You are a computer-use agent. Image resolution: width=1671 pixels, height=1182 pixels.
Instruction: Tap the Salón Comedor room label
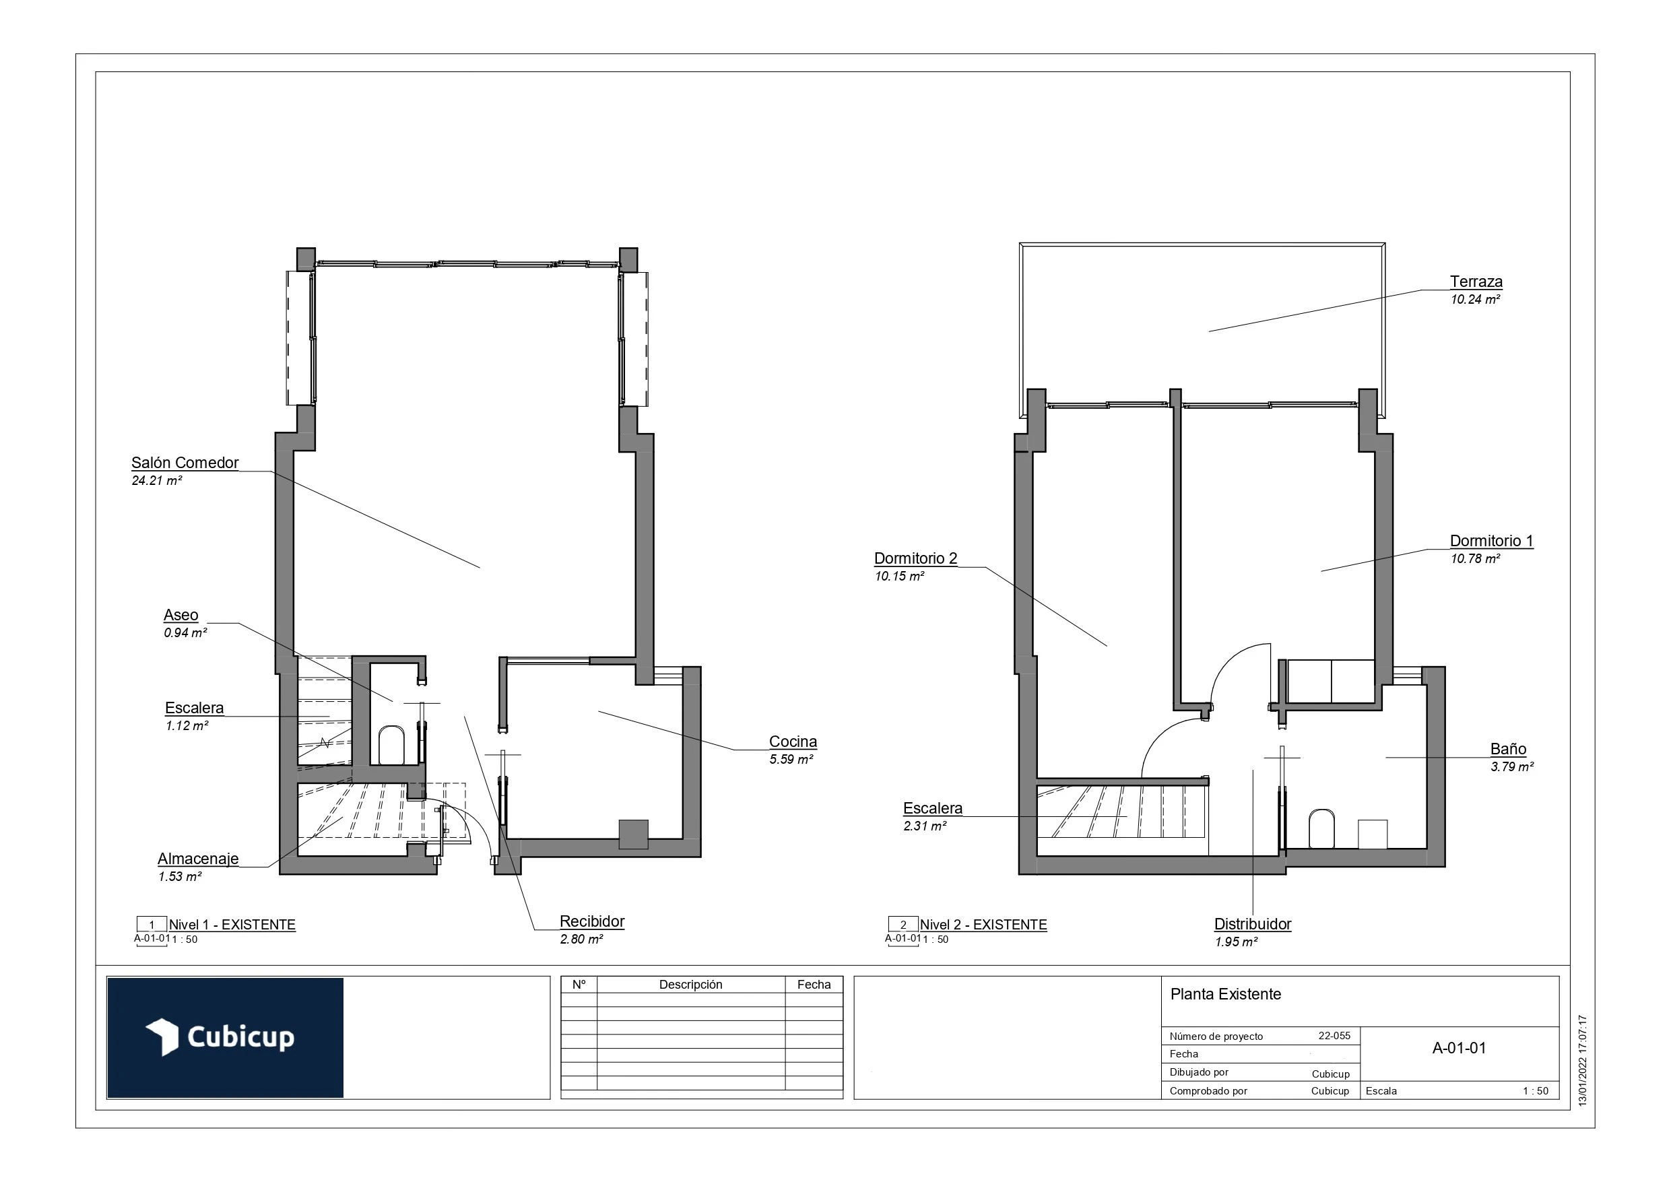tap(185, 463)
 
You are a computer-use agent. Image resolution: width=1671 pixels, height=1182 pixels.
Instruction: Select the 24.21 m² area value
tap(156, 481)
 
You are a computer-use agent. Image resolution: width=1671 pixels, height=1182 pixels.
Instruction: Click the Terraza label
tap(1475, 282)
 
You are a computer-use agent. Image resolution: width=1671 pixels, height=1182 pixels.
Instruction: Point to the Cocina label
tap(793, 742)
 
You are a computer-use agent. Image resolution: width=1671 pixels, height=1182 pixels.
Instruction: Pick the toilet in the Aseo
tap(391, 745)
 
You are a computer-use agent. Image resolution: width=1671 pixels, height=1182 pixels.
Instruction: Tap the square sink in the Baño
tap(1372, 834)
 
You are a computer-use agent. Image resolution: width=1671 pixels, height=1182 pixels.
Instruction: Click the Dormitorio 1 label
tap(1491, 541)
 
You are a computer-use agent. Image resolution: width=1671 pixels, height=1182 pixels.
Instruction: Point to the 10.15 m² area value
tap(900, 577)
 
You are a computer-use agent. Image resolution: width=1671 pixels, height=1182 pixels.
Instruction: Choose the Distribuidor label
tap(1253, 924)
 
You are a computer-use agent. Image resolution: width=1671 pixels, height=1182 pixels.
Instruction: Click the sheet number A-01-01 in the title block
tap(1458, 1048)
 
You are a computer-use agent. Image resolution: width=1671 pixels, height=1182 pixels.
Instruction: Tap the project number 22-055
tap(1334, 1036)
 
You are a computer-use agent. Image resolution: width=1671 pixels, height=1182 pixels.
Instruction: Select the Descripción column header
tap(690, 985)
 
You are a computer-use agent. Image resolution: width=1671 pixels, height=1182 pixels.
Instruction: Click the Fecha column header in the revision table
tap(814, 985)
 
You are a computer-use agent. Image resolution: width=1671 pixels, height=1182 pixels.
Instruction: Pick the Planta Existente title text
tap(1226, 994)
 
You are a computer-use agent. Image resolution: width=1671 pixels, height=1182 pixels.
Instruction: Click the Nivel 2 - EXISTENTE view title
tap(983, 925)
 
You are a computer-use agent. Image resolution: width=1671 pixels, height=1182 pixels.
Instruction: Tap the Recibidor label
tap(592, 921)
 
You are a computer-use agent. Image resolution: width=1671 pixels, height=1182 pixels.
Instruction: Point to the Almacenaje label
tap(198, 859)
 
